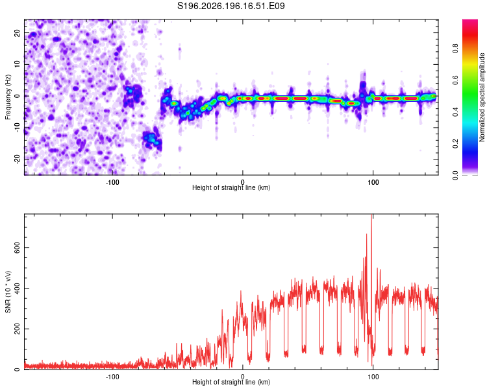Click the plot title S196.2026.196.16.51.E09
tap(231, 6)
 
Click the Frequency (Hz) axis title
tap(8, 97)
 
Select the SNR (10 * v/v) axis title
tap(8, 292)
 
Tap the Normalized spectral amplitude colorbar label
tap(482, 97)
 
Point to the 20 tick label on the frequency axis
tap(17, 33)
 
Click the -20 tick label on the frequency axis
tap(17, 159)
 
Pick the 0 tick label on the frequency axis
tap(17, 96)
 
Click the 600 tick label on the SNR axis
tap(17, 247)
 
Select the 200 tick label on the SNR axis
tap(17, 329)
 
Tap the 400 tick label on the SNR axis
tap(17, 288)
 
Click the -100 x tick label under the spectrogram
tap(112, 182)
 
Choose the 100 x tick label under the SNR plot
tap(373, 377)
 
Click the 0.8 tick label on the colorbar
tap(455, 49)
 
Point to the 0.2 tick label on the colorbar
tap(455, 144)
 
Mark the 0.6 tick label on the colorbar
tap(455, 80)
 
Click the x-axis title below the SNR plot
tap(231, 382)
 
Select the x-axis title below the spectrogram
tap(231, 187)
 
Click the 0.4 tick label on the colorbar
tap(455, 112)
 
